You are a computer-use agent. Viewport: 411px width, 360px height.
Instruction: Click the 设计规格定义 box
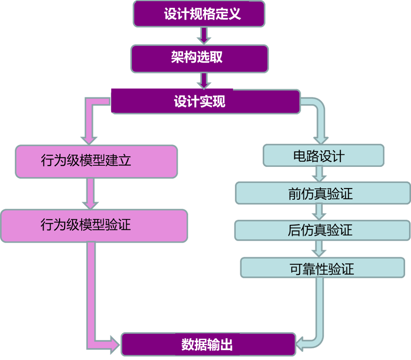click(199, 14)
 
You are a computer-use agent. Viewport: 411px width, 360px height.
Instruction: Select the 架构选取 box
click(199, 58)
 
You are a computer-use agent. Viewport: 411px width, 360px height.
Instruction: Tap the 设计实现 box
click(206, 102)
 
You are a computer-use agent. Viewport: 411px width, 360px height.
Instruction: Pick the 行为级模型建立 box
click(96, 161)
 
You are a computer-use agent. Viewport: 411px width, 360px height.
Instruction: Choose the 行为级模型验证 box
click(94, 225)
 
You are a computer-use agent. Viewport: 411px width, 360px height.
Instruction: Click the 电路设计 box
click(323, 156)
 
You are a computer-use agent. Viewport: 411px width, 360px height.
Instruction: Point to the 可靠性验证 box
click(322, 268)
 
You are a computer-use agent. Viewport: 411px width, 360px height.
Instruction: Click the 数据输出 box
click(208, 344)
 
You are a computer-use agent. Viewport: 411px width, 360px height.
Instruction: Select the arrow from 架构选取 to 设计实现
click(203, 81)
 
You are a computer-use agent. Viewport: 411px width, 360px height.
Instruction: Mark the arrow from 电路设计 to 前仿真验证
click(319, 173)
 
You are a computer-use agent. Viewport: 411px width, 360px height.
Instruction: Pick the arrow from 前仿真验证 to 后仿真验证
click(319, 212)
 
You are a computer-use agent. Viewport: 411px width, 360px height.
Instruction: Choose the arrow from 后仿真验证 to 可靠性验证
click(319, 249)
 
